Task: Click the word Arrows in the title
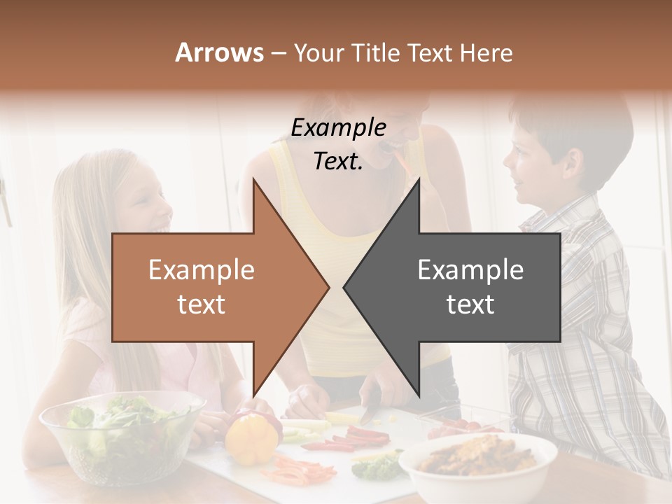[x=219, y=52]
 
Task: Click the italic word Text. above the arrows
[x=338, y=161]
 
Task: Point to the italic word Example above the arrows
[x=338, y=128]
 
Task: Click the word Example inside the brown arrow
[x=202, y=270]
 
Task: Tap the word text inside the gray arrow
[x=470, y=304]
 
